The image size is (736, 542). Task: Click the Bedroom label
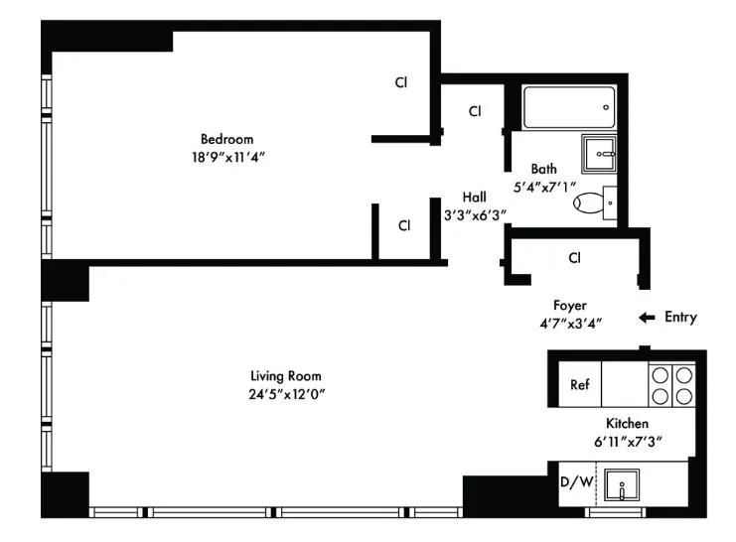point(226,139)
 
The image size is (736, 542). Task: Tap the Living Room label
point(285,376)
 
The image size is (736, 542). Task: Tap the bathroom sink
point(599,153)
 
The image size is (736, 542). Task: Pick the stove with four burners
point(671,384)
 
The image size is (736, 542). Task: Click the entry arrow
point(647,318)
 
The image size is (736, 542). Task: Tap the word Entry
point(680,318)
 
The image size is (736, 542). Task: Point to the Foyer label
point(570,306)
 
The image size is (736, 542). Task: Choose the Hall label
point(474,197)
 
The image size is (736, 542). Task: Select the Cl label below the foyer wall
point(574,258)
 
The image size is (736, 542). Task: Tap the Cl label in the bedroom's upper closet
point(402,83)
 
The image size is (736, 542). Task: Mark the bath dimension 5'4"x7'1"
point(543,187)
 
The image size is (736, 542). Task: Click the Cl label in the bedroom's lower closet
point(404,225)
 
